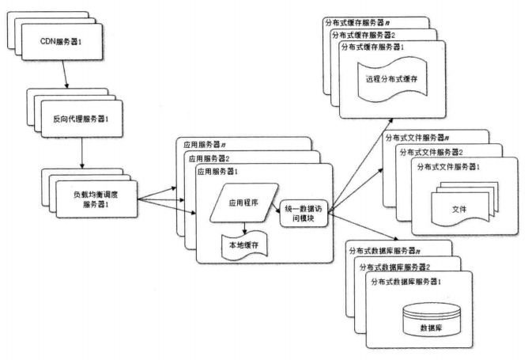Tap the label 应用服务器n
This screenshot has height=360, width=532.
click(x=204, y=146)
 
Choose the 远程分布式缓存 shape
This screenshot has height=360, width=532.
click(x=392, y=79)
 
